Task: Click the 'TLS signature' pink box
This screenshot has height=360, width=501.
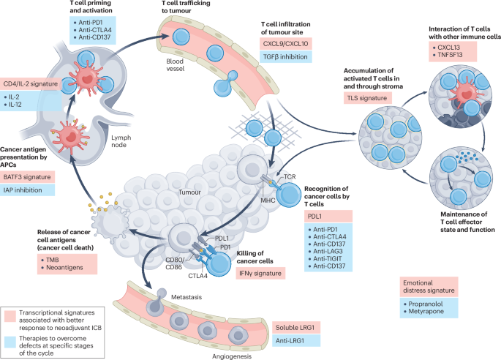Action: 369,97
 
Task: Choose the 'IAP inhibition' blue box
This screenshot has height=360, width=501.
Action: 30,190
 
